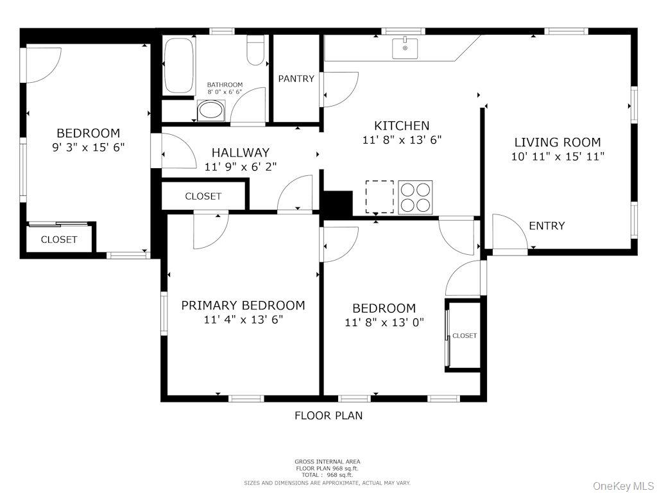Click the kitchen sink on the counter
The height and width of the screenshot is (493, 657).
point(405,48)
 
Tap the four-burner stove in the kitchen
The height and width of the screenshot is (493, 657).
point(415,197)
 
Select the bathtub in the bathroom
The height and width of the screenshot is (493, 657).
point(178,66)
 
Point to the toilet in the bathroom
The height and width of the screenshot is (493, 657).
point(255,51)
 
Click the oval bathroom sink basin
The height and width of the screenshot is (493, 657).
point(211,111)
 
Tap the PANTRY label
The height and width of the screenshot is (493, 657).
point(296,79)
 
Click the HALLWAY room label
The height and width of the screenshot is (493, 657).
point(241,153)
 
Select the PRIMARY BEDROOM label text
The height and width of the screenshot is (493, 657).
point(243,306)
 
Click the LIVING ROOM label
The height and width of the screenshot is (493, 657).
point(558,143)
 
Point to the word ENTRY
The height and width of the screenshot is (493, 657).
point(547,226)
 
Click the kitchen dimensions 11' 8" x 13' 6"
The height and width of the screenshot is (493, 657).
point(402,139)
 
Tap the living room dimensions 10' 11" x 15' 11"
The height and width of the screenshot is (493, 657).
point(558,157)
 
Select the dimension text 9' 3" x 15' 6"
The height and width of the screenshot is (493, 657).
point(88,147)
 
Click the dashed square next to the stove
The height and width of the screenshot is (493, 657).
point(379,196)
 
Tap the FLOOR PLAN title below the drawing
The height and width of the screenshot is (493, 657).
point(328,415)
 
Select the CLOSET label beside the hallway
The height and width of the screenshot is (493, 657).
point(203,196)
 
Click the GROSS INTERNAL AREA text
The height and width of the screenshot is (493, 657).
point(327,462)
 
